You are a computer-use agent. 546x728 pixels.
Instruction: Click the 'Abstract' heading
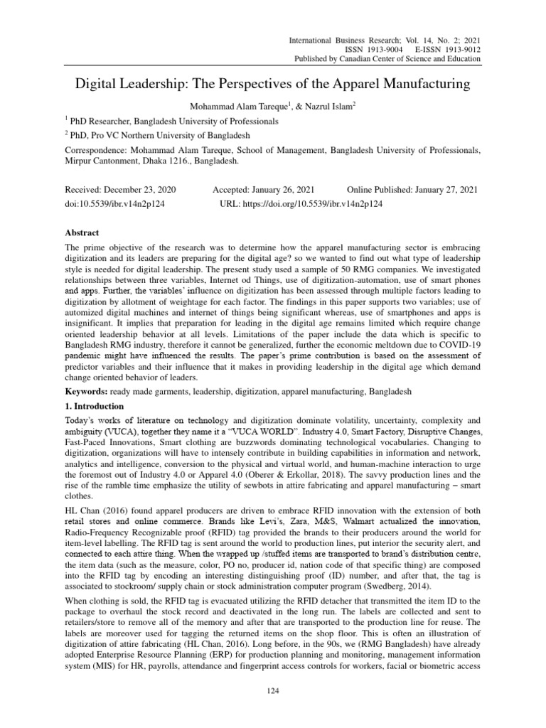[82, 232]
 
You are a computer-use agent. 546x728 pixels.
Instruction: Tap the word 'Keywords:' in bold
[87, 392]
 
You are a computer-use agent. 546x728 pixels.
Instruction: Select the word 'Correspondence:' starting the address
[98, 151]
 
